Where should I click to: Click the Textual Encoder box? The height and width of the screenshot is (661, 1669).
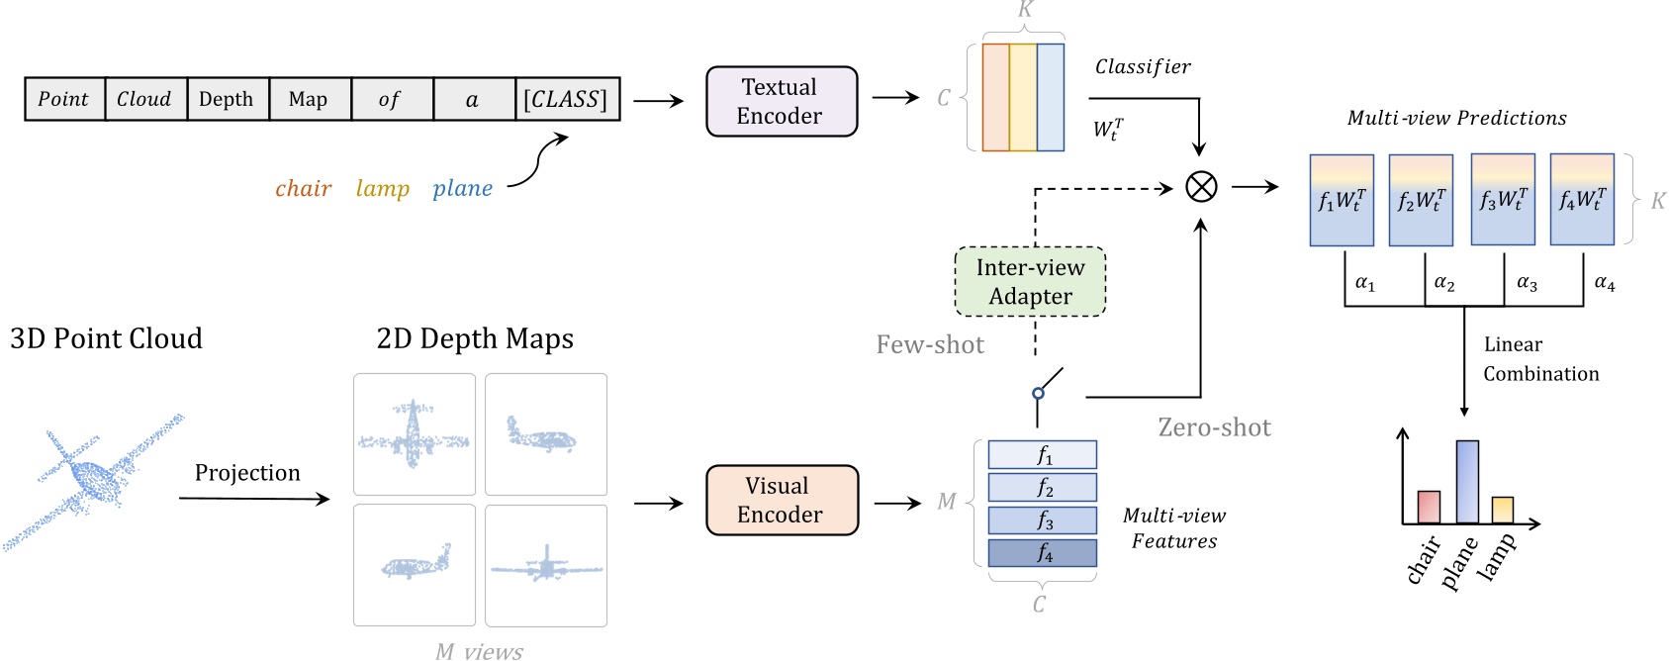(x=781, y=101)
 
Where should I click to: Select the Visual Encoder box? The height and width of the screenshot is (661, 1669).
(x=781, y=500)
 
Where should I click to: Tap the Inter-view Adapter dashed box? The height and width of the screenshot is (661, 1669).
(x=1030, y=282)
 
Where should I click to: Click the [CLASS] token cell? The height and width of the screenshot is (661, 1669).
(x=567, y=99)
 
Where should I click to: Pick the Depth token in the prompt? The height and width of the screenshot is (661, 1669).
(x=227, y=99)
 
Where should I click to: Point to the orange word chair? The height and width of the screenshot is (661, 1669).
(x=303, y=188)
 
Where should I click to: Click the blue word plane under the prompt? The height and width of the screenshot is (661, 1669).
(x=462, y=188)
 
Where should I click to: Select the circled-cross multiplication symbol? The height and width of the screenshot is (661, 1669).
(x=1200, y=186)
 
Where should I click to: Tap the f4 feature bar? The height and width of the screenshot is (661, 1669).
(x=1042, y=552)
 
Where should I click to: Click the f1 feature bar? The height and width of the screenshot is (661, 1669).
(x=1042, y=454)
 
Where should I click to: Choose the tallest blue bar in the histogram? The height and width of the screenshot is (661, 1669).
(x=1467, y=481)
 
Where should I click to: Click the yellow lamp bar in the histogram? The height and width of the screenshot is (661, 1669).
(x=1502, y=509)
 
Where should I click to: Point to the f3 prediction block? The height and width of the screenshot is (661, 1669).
(x=1502, y=200)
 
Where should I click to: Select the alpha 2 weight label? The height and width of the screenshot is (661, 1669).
(x=1443, y=283)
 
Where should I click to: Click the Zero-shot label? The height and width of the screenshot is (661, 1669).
(x=1214, y=427)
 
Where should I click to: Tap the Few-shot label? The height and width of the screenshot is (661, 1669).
(x=930, y=344)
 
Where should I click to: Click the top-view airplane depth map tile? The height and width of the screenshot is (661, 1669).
(x=415, y=433)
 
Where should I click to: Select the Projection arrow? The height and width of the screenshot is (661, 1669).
(x=253, y=499)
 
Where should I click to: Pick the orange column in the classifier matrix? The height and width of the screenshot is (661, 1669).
(x=995, y=97)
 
